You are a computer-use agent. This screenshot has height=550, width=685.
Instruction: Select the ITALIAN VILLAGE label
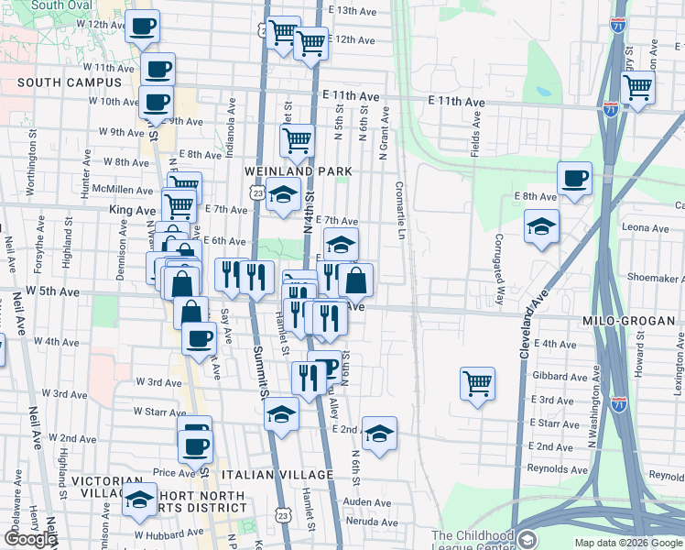click(277, 475)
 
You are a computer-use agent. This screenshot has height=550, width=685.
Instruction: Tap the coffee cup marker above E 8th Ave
click(574, 178)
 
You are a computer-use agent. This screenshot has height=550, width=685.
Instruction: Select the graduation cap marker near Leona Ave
click(541, 225)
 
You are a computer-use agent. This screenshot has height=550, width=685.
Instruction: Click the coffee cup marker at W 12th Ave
click(141, 26)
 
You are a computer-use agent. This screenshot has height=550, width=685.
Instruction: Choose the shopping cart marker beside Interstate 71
click(637, 87)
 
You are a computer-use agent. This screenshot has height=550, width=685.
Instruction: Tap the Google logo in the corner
click(30, 539)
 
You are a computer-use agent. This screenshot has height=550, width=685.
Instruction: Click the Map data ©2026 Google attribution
click(627, 543)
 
